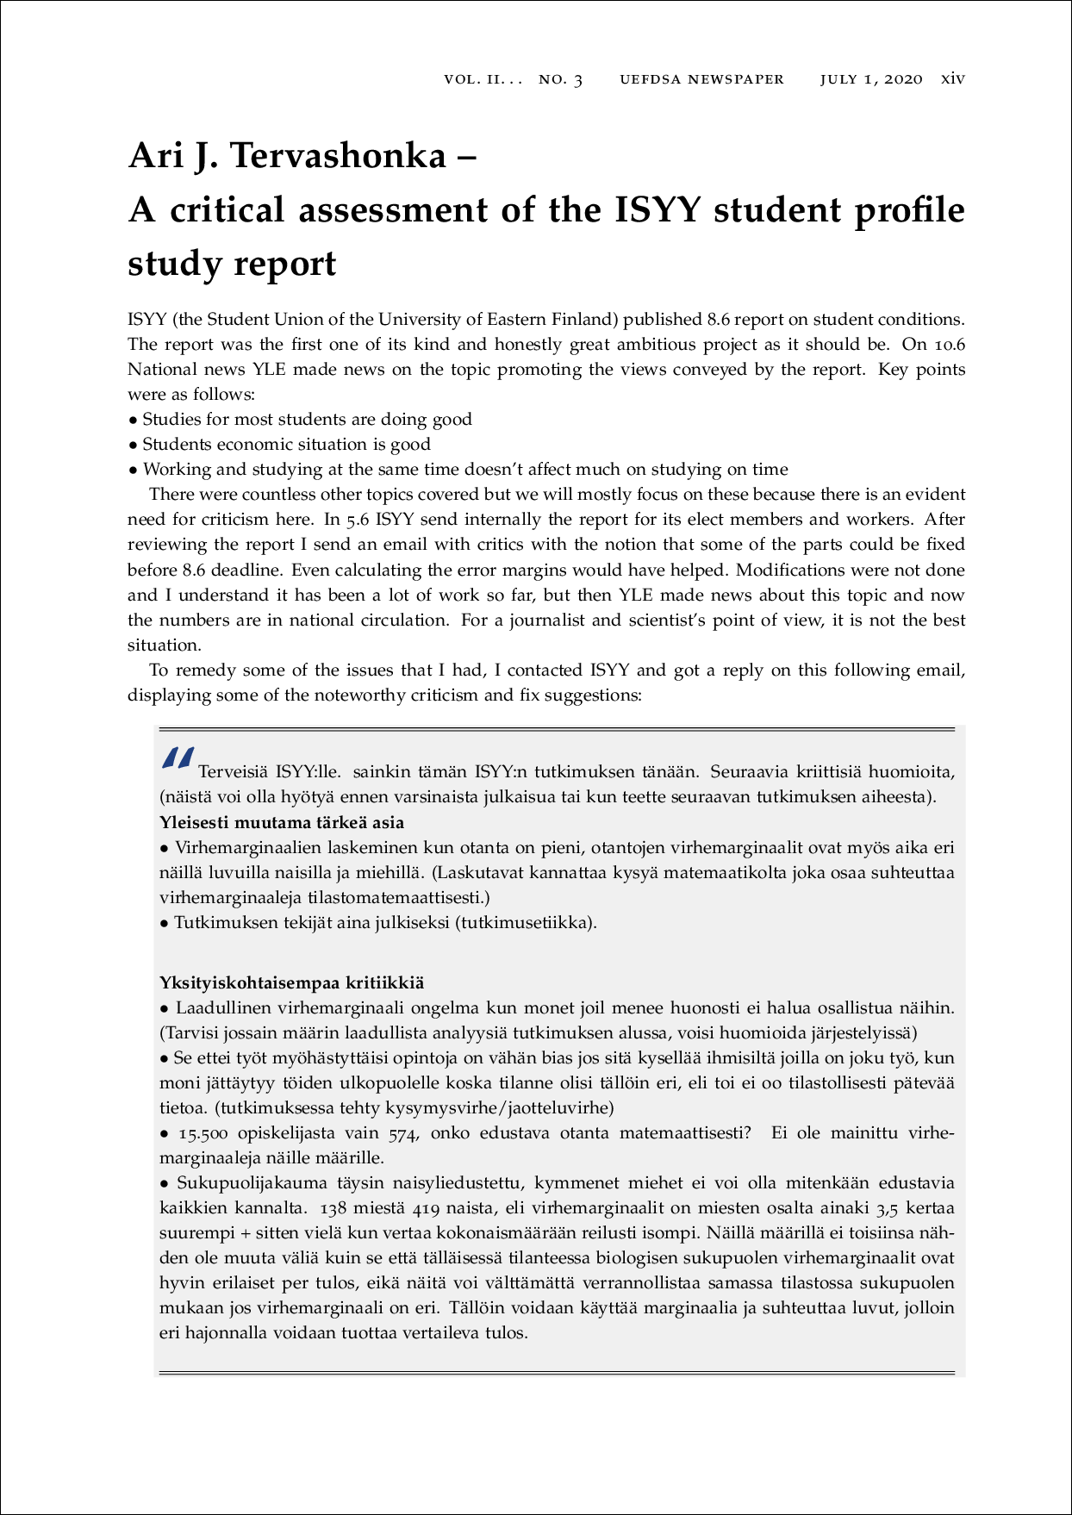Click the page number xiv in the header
(x=952, y=78)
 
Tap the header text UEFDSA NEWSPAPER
(x=701, y=79)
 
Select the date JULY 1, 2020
(x=870, y=79)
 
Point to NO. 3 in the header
(x=560, y=79)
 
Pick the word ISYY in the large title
(x=656, y=210)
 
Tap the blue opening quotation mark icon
(x=178, y=758)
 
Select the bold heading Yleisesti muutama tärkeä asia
(x=282, y=822)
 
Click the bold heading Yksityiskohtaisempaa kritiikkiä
(x=291, y=982)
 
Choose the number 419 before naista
(x=427, y=1208)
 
